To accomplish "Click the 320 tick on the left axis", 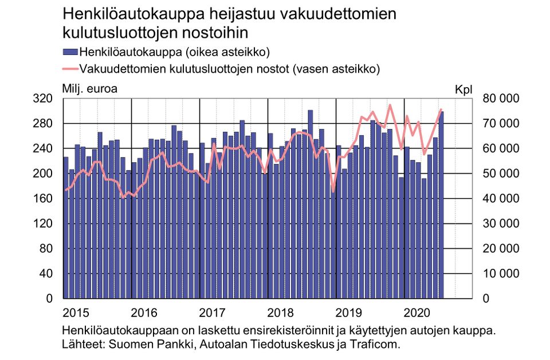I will [x=44, y=99].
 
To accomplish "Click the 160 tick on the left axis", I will [x=44, y=198].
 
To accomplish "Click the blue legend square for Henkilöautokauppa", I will [x=70, y=52].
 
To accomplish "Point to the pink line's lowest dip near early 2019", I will [x=333, y=191].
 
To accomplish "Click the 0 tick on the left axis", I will [x=49, y=299].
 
